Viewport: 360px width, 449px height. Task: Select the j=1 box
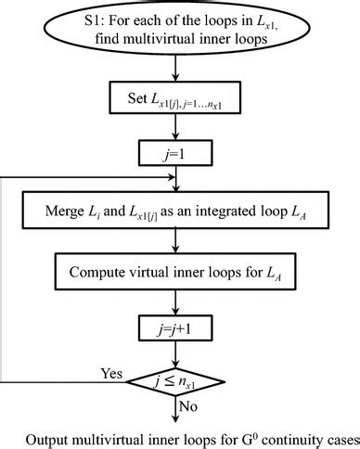[175, 152]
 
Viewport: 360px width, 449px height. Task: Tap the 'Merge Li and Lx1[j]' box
[175, 212]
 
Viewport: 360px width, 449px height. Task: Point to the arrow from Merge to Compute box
[175, 244]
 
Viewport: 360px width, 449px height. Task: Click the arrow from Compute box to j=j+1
[175, 301]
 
